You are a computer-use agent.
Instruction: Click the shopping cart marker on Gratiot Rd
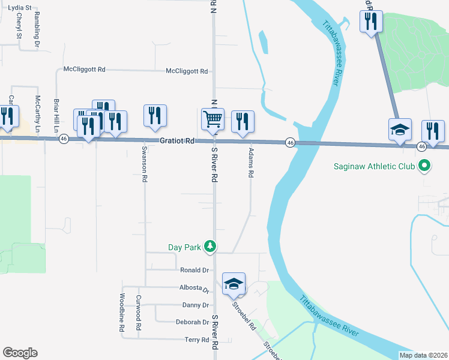tap(213, 119)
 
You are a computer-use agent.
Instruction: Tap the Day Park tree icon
tap(209, 246)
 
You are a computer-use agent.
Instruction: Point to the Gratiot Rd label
tap(177, 142)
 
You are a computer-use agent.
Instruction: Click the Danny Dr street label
tap(195, 305)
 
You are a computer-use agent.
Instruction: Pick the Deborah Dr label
tap(192, 322)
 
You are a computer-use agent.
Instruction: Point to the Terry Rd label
tap(196, 340)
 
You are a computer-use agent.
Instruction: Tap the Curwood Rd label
tap(138, 313)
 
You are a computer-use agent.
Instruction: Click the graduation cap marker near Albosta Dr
tap(234, 284)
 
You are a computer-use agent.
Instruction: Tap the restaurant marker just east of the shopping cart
tap(243, 122)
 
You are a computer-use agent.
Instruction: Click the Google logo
tap(20, 353)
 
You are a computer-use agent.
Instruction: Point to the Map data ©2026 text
tap(423, 355)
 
